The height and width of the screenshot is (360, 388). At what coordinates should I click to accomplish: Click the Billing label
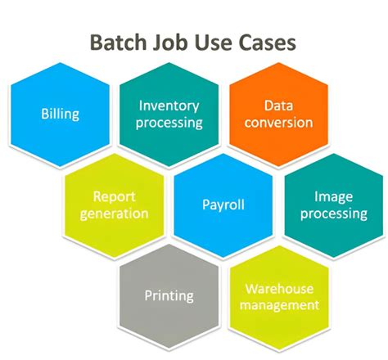(x=60, y=114)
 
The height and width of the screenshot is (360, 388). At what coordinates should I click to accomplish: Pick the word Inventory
(x=169, y=106)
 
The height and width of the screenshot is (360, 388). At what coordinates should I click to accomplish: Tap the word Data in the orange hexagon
(x=278, y=106)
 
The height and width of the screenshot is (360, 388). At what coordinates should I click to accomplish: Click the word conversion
(x=278, y=123)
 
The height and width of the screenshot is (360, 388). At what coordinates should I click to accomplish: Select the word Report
(x=115, y=197)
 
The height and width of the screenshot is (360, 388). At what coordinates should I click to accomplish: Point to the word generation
(x=115, y=214)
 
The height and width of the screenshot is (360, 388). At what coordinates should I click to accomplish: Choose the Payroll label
(x=223, y=205)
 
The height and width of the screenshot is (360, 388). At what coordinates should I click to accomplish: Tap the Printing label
(x=169, y=295)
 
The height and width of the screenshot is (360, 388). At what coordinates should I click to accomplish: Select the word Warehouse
(x=277, y=288)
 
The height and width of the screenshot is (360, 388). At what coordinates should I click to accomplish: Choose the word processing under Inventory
(x=169, y=123)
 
